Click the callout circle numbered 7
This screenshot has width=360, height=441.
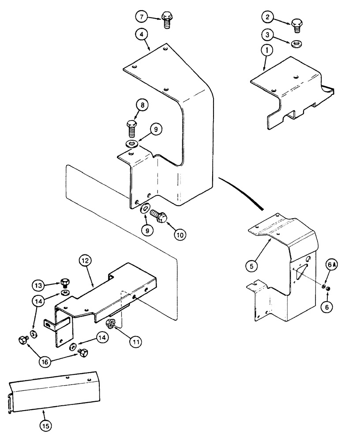(141, 17)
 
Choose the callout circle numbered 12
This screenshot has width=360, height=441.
(86, 262)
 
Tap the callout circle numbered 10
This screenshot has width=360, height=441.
(180, 235)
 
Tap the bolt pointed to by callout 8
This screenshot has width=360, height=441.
(132, 127)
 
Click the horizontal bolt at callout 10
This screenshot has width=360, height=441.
(157, 216)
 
